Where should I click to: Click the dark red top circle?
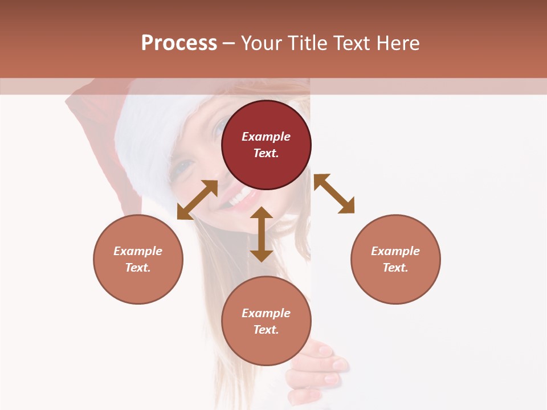coord(266,145)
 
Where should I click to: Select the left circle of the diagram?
coord(138,259)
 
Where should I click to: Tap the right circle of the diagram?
coord(395,259)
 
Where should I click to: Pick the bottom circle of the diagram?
coord(266,321)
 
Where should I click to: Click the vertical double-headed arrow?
coord(262,234)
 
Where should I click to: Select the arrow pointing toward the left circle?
coord(197,200)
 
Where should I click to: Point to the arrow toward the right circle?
coord(334,194)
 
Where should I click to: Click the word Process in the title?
coord(179,43)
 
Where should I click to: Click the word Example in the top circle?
coord(266,137)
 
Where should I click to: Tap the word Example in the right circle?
coord(395,251)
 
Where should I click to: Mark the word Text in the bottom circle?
coord(265,330)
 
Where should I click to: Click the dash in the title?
coord(228,43)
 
